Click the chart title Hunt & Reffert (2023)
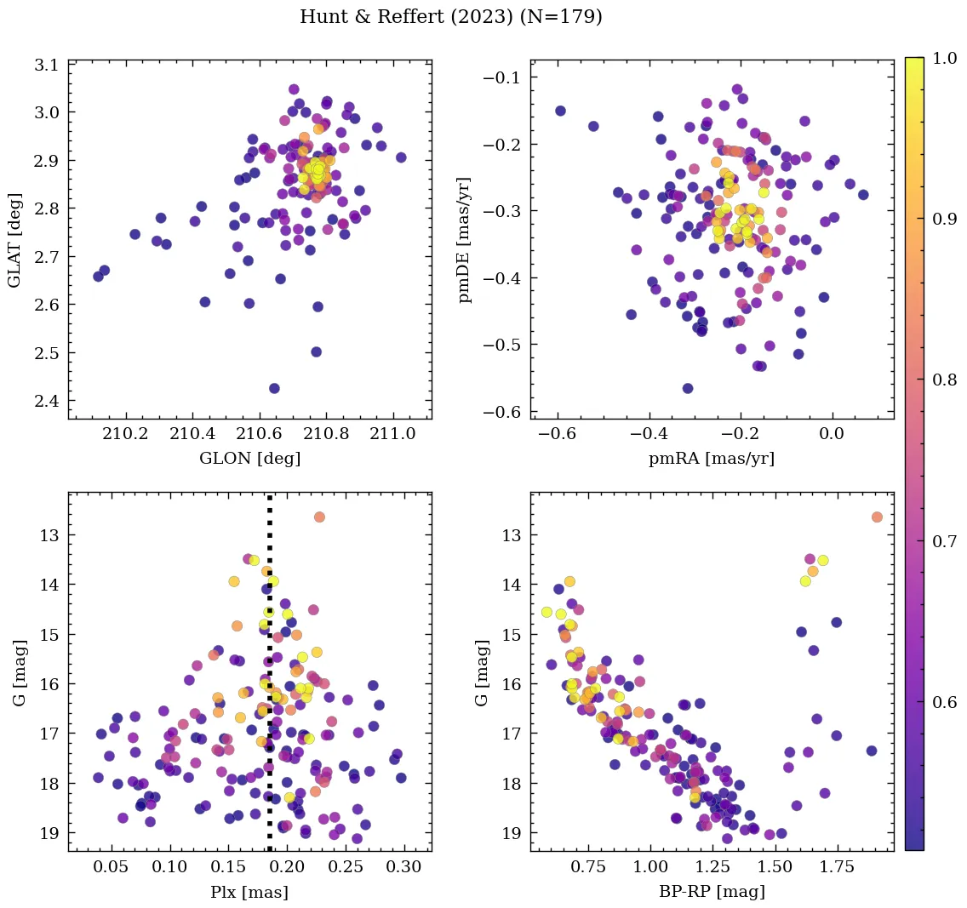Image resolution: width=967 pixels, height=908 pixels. (x=450, y=17)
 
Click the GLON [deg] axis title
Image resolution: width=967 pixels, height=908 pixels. (x=249, y=459)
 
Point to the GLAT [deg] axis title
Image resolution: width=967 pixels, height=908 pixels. (x=15, y=239)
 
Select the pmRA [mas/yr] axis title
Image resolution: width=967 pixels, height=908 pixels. (x=712, y=459)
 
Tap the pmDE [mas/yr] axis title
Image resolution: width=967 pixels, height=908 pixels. (x=465, y=239)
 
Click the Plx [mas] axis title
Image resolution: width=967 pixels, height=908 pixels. (x=249, y=892)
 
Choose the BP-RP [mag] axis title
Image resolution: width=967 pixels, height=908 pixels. (x=712, y=892)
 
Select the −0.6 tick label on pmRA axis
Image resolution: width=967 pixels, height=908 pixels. (x=554, y=435)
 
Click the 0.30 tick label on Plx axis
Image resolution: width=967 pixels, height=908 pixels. (x=403, y=868)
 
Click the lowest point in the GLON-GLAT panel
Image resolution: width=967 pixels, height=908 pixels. (x=274, y=388)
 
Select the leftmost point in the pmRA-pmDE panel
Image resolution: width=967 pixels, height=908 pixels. (x=560, y=111)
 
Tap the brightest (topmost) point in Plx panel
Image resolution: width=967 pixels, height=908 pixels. (x=319, y=517)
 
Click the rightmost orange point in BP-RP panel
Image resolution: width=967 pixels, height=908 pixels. (x=877, y=517)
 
